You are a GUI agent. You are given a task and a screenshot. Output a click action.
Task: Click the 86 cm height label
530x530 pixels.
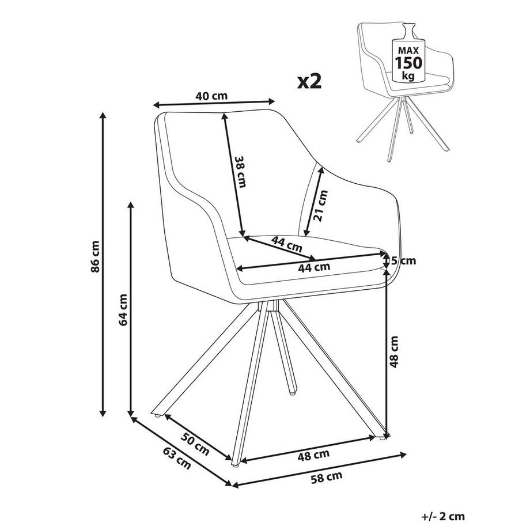[96, 256]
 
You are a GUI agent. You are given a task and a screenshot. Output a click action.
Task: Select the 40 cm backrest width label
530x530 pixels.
[211, 96]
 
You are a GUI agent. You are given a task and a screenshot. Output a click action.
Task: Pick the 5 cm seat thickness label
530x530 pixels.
[403, 260]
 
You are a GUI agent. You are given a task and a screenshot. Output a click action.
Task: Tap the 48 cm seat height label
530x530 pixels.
[395, 353]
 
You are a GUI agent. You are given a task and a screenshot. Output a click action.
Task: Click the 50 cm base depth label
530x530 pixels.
[195, 444]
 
